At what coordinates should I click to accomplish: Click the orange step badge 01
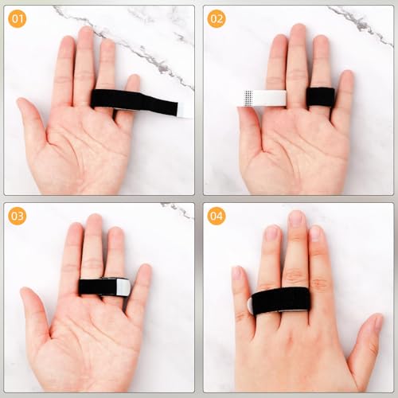(x=17, y=18)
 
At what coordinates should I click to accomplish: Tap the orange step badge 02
(x=217, y=18)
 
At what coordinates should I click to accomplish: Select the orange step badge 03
(x=17, y=217)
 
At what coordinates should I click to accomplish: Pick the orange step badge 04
(x=217, y=217)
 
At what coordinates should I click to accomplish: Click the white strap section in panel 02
(x=262, y=98)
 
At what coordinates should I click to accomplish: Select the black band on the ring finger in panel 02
(x=320, y=96)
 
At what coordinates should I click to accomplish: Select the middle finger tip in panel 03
(x=95, y=223)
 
